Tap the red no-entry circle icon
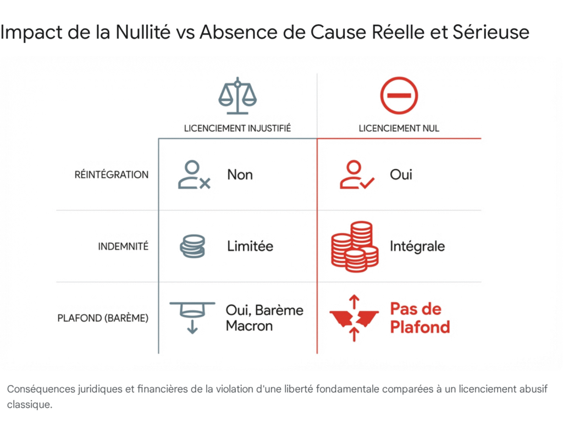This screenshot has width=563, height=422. click(399, 95)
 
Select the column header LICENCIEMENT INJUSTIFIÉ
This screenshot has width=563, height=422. click(238, 129)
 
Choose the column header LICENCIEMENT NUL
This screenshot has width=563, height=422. click(399, 129)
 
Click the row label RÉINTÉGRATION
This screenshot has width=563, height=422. click(112, 175)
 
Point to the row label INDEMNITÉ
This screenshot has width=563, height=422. click(123, 247)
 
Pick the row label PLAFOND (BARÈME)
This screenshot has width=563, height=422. click(103, 318)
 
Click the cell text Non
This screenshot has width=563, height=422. click(240, 175)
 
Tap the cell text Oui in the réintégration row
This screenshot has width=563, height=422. click(401, 175)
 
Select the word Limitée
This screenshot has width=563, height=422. click(250, 246)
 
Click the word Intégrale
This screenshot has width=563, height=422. click(417, 246)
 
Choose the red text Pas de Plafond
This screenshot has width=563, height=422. click(420, 318)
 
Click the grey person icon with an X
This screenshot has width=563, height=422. click(194, 175)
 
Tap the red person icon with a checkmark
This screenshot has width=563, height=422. click(356, 175)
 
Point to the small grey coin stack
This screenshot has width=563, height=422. click(192, 246)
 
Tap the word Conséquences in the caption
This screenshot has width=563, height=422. click(41, 389)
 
